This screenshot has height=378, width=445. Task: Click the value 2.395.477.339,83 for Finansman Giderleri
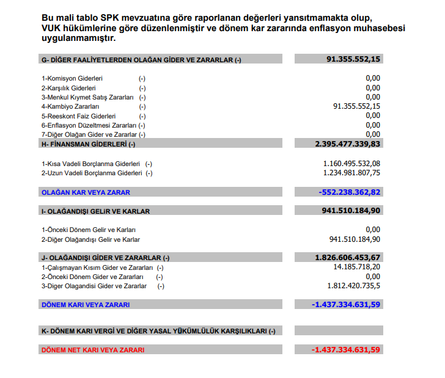[347, 144]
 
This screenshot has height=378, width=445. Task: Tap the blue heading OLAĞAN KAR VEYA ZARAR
[86, 192]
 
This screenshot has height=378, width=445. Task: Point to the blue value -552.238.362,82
[350, 192]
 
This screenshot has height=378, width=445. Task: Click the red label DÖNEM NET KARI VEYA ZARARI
[93, 351]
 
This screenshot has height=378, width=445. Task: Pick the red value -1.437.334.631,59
[345, 350]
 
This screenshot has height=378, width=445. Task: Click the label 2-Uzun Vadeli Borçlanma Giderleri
[92, 173]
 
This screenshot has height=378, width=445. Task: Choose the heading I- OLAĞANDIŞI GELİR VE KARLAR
[95, 211]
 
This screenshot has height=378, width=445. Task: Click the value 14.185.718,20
[357, 267]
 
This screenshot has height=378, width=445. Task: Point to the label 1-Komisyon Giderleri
[72, 79]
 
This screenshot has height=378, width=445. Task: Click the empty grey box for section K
[338, 331]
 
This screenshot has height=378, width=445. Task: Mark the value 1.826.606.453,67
[347, 258]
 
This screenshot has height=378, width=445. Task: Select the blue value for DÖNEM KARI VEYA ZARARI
[345, 304]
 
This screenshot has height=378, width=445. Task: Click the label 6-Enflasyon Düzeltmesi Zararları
[87, 125]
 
